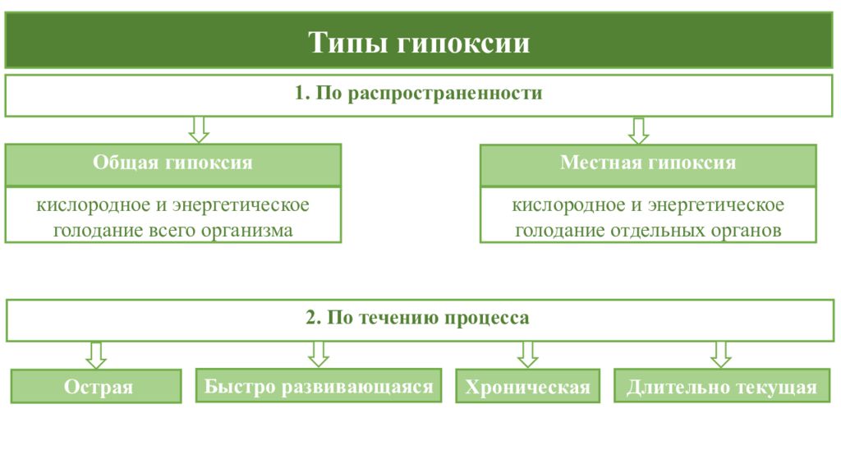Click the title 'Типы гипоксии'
click(x=419, y=43)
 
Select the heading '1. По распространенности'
click(x=418, y=94)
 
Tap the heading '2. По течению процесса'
click(x=417, y=318)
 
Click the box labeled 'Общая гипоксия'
click(x=173, y=164)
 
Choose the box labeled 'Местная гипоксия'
click(x=648, y=164)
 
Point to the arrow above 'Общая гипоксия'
click(x=199, y=130)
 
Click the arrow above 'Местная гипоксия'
click(x=638, y=131)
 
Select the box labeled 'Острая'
click(x=96, y=386)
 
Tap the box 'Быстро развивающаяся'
click(x=319, y=386)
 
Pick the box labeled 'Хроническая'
click(x=528, y=386)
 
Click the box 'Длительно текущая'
click(x=722, y=386)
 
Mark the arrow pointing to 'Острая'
click(x=96, y=356)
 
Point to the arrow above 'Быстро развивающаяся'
click(x=319, y=355)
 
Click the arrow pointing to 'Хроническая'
click(x=528, y=355)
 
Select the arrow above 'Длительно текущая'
click(x=721, y=355)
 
